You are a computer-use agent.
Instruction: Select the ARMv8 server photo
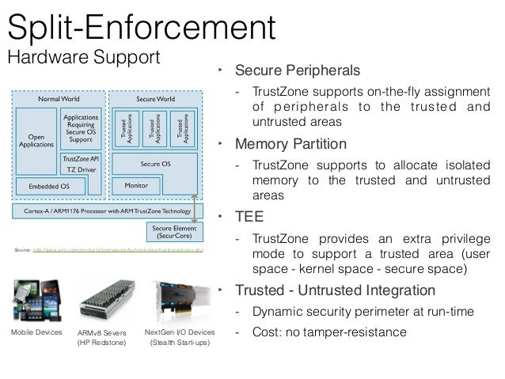[101, 301]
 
